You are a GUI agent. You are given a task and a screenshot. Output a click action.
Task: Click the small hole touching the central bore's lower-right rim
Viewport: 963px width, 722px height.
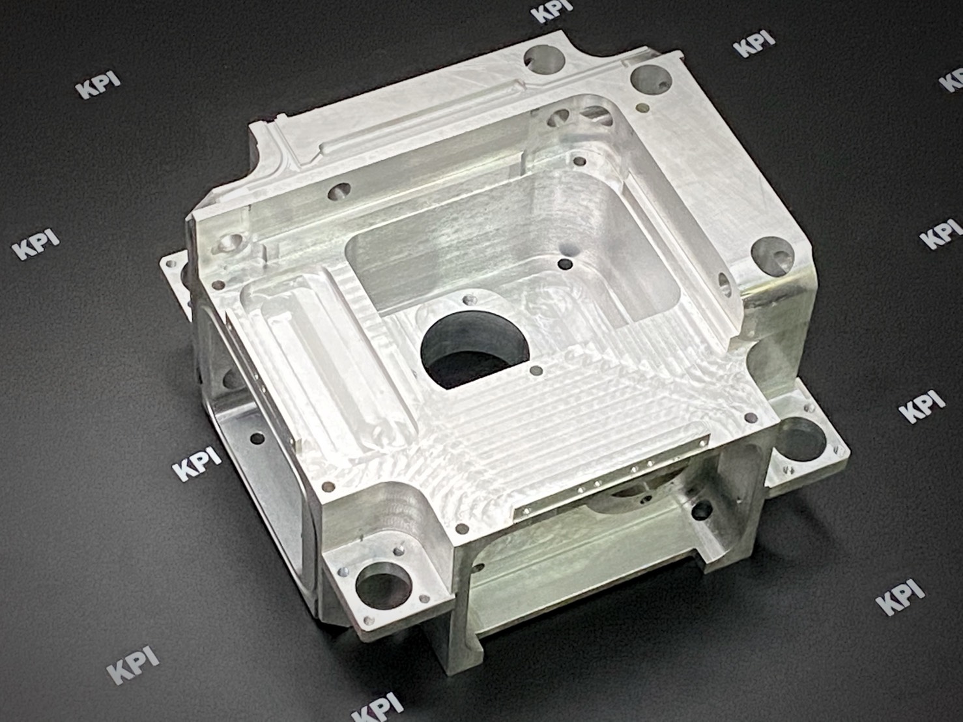pos(536,371)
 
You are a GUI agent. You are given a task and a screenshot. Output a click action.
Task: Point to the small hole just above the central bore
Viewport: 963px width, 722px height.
pos(470,300)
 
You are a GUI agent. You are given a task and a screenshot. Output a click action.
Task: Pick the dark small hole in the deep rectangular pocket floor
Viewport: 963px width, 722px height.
pos(565,264)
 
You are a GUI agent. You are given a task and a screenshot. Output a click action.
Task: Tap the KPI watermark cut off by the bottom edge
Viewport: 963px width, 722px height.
pos(378,708)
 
